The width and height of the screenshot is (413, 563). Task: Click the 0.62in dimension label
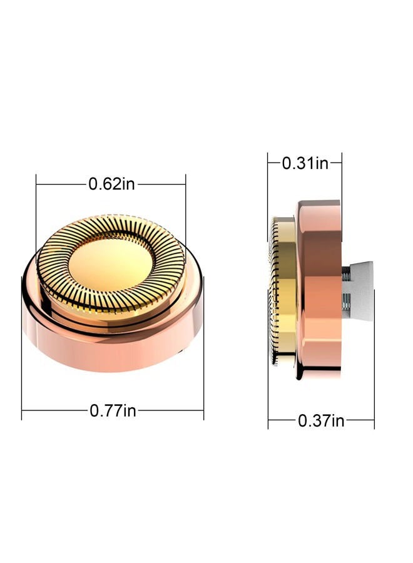(111, 184)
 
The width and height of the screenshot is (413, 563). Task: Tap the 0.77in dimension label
(113, 410)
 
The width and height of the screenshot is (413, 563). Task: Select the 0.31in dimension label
(305, 163)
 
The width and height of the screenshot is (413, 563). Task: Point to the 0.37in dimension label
(321, 420)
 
